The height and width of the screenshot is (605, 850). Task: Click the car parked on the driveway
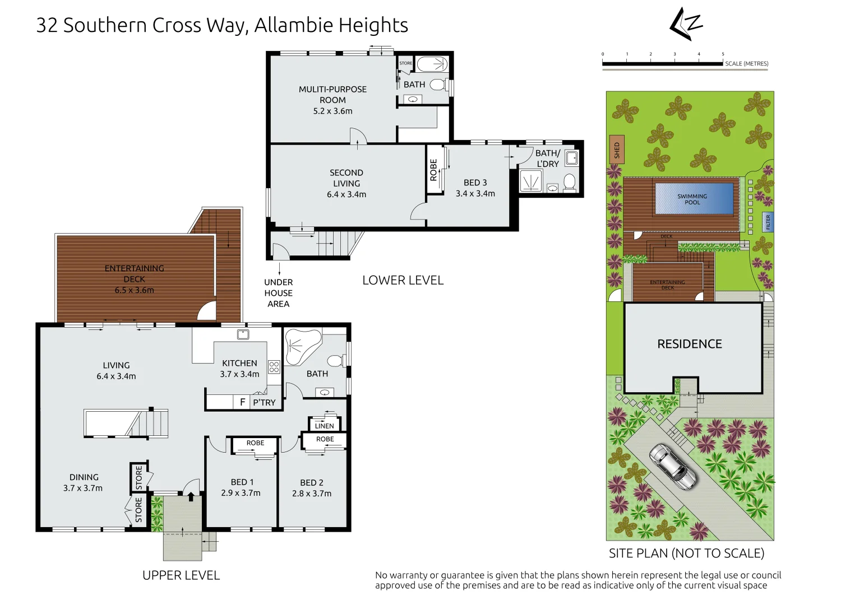click(673, 466)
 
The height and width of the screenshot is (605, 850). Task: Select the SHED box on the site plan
click(616, 150)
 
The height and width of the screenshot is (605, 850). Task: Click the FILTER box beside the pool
click(768, 222)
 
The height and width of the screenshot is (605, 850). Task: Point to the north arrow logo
click(686, 24)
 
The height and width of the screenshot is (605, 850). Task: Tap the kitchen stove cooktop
click(274, 367)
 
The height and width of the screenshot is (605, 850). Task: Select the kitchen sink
click(242, 334)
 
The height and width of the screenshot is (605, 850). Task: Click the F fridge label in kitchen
click(242, 402)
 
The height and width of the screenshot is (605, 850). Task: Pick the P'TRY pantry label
click(264, 402)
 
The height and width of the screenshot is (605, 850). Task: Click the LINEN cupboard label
click(324, 426)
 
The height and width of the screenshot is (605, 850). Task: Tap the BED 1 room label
click(242, 482)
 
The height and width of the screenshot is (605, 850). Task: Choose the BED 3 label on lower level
click(475, 183)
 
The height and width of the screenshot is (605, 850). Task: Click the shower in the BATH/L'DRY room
click(529, 180)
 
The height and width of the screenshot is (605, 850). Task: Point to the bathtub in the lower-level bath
click(432, 64)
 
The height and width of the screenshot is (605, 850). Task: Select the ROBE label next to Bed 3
click(433, 170)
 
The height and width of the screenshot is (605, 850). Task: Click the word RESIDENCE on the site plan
click(689, 344)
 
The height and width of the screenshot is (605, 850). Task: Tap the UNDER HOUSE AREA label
click(278, 293)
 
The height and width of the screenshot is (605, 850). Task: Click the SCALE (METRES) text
click(746, 64)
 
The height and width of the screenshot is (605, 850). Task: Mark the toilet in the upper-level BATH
click(336, 360)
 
